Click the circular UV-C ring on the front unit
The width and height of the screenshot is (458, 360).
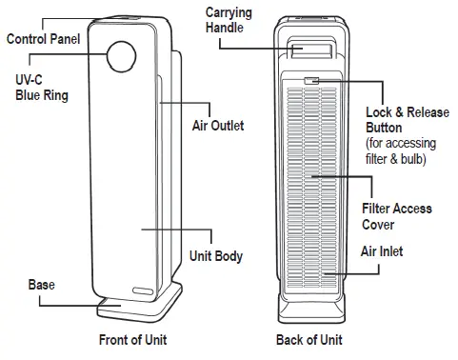122,57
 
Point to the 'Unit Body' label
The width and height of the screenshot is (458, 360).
215,256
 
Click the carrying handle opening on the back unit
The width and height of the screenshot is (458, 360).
310,51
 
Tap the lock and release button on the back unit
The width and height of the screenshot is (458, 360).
310,82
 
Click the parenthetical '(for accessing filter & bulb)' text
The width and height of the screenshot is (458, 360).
400,151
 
